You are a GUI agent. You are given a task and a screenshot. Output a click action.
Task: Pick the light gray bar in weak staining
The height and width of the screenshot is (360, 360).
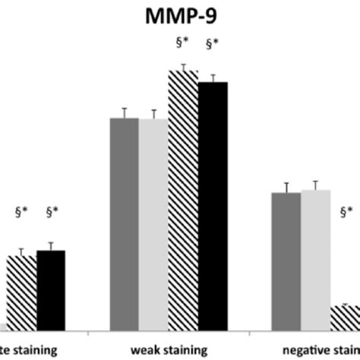[x=153, y=225]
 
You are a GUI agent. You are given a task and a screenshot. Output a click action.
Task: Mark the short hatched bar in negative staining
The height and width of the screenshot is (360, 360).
[x=345, y=317]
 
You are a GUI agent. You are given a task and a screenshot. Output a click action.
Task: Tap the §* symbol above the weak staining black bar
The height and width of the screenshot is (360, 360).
[x=212, y=54]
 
